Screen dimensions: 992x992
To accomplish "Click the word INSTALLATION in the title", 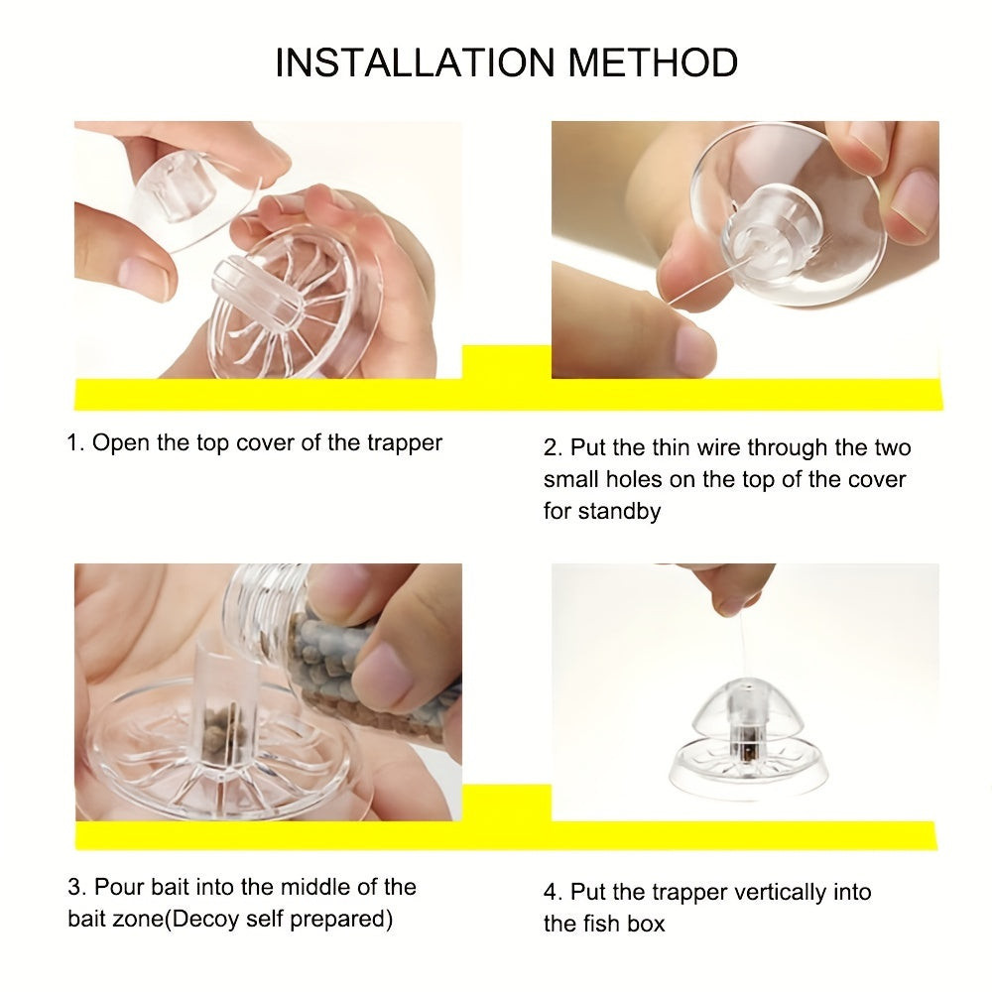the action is (x=415, y=62).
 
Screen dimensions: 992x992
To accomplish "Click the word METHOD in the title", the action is (x=653, y=62).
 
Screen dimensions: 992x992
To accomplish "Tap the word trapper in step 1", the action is (x=405, y=443).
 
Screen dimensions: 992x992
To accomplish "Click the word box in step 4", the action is (x=646, y=924).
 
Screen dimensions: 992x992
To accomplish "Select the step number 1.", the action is (x=74, y=442).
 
